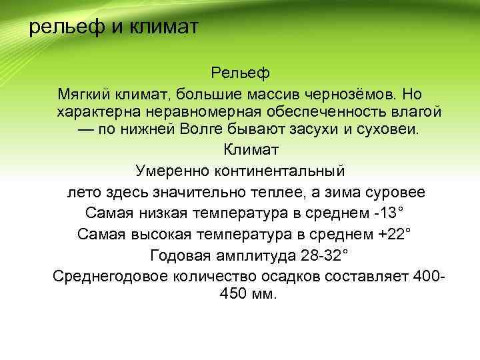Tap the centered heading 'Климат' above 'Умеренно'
240,150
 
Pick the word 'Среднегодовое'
104,277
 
